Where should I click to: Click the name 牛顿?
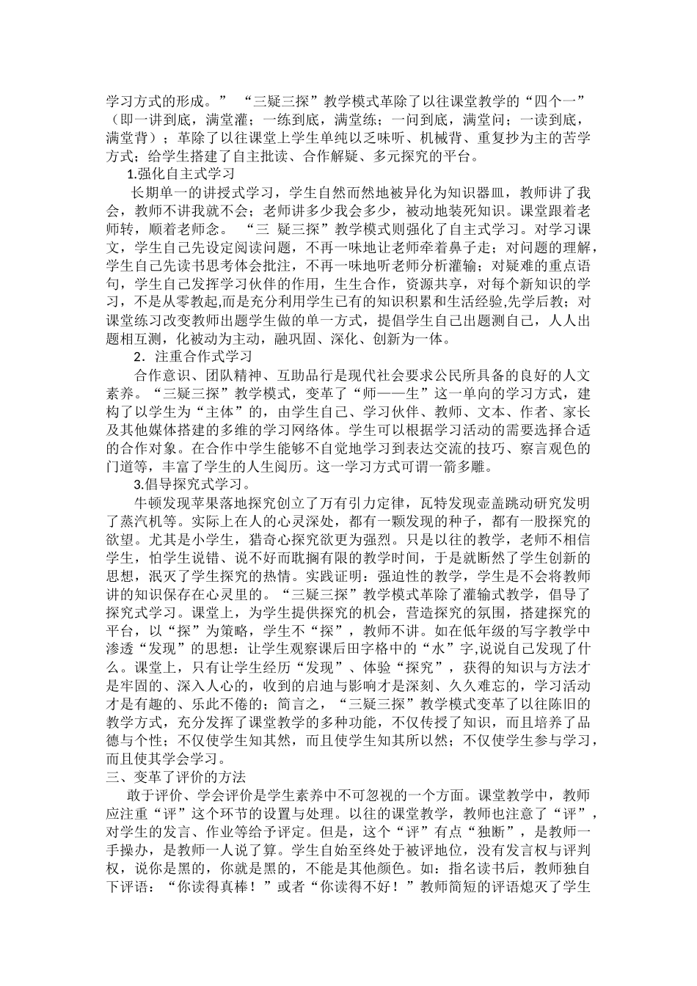(x=144, y=503)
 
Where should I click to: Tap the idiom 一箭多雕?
(x=475, y=467)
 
